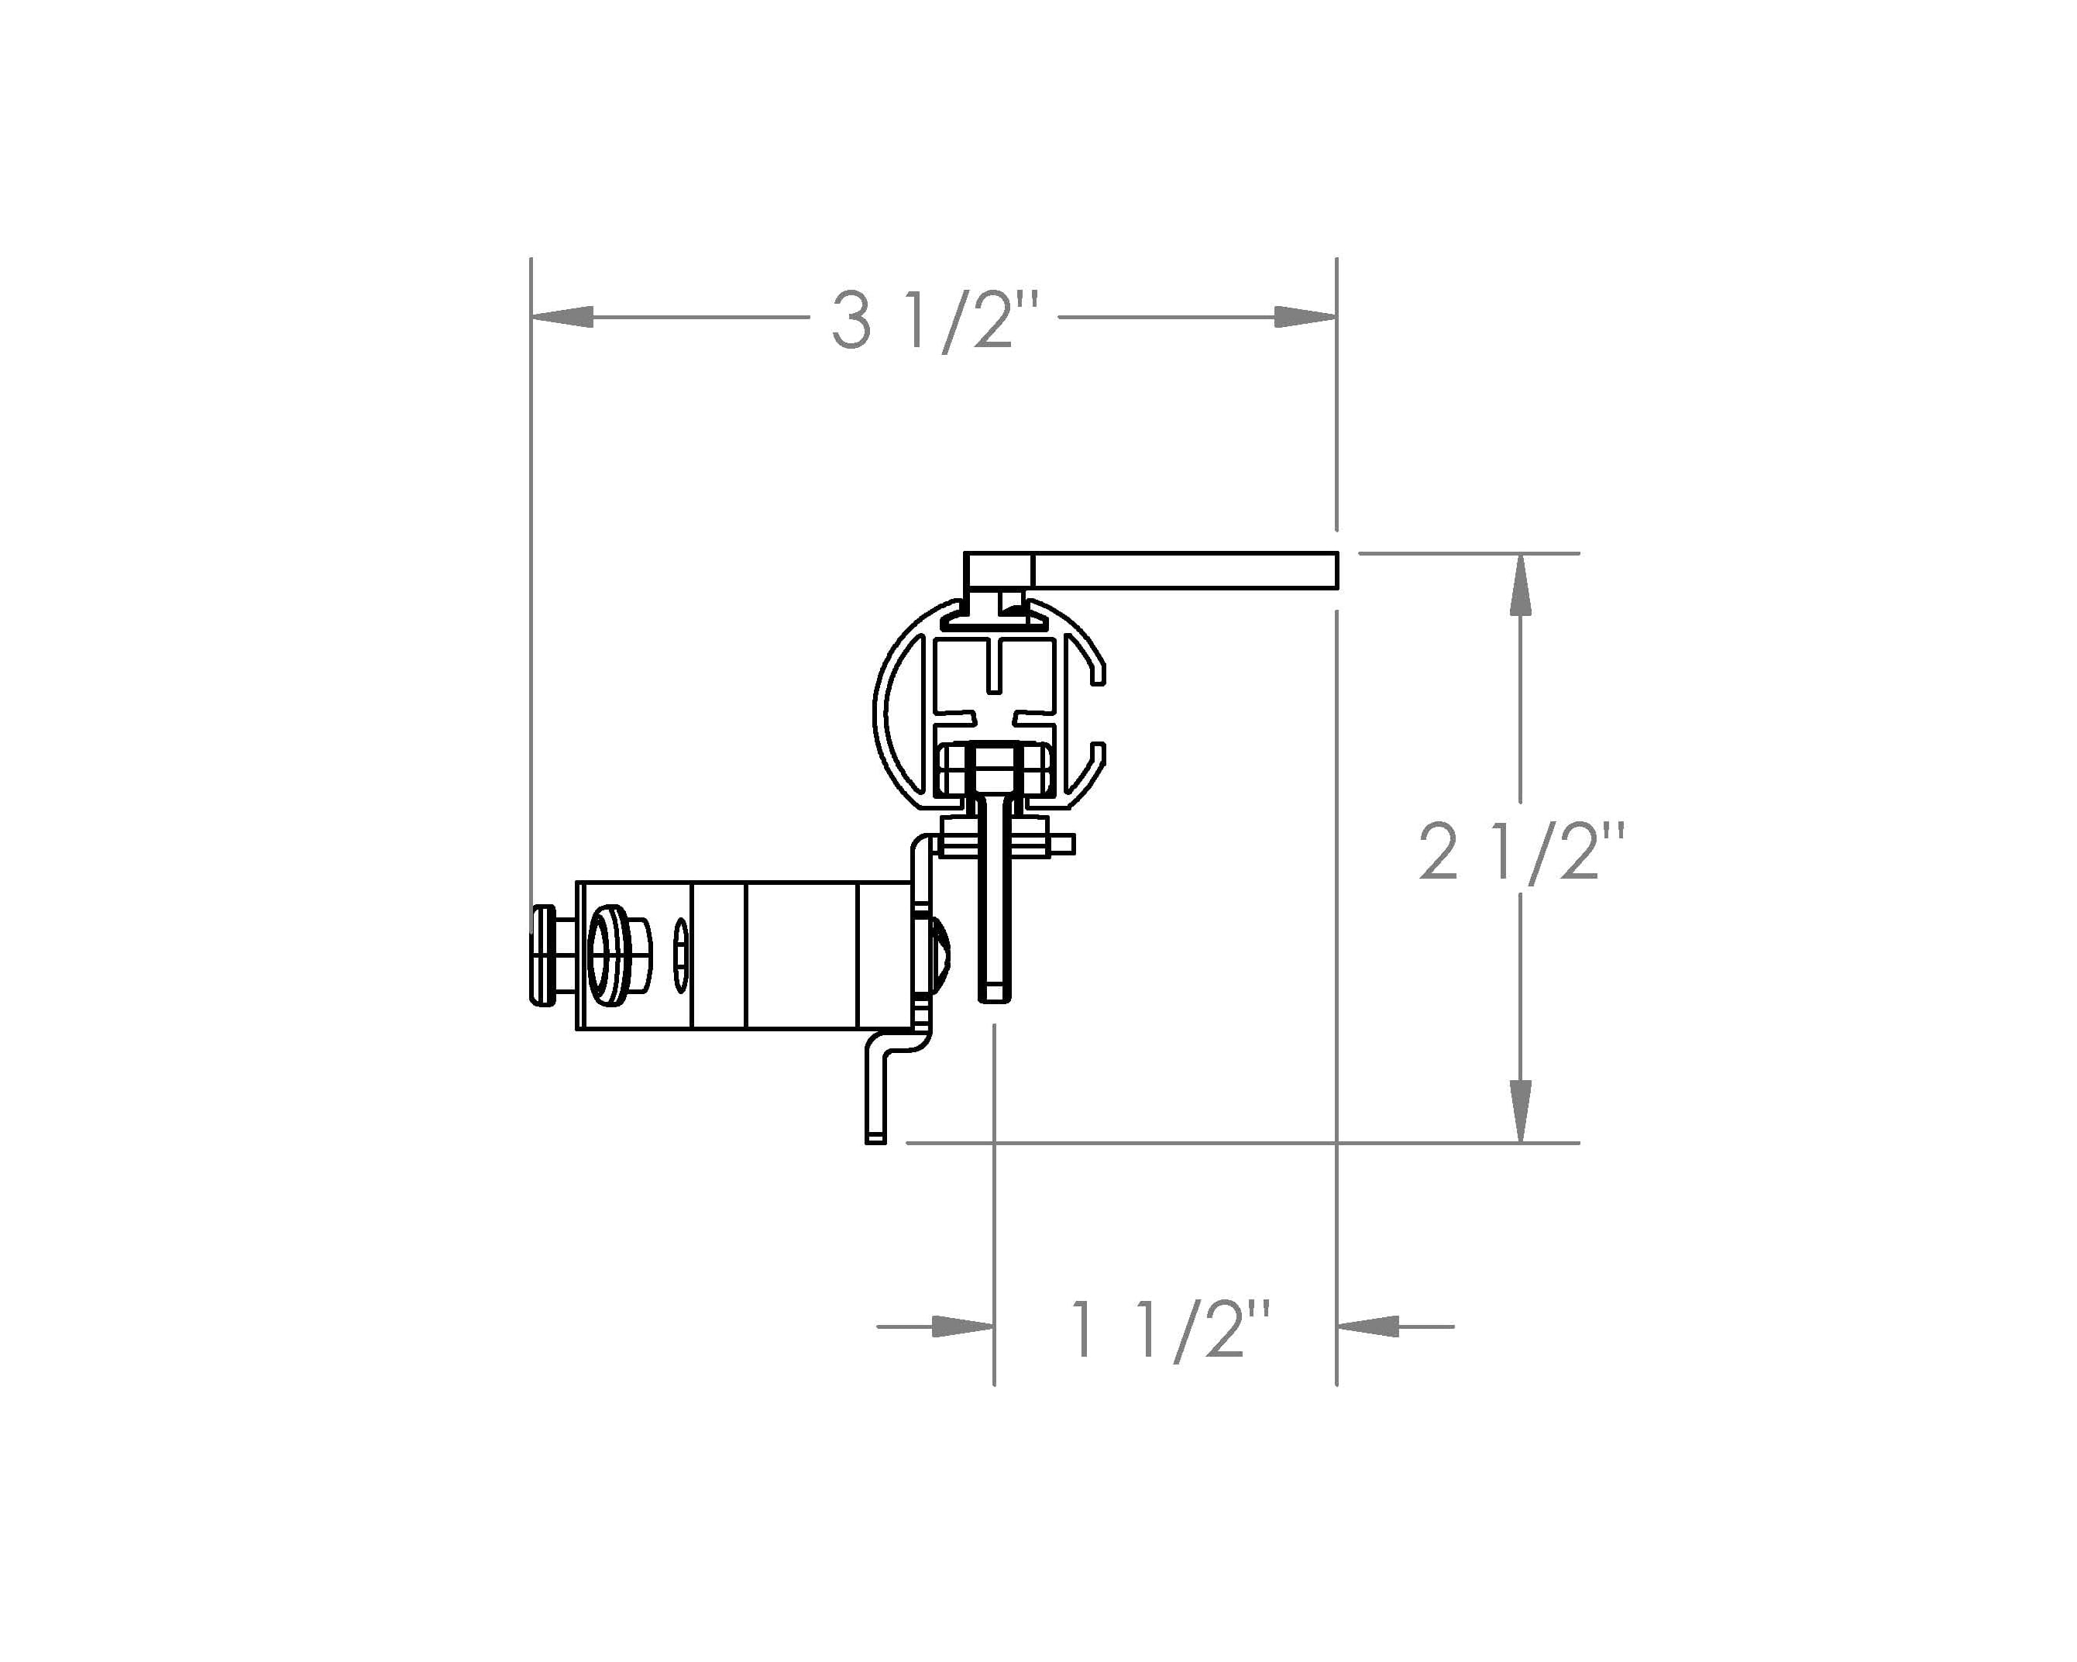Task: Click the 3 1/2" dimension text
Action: [x=935, y=321]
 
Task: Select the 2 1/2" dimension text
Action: [x=1522, y=851]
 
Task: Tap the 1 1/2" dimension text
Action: [x=1171, y=1330]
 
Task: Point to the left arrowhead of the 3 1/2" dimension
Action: [x=562, y=317]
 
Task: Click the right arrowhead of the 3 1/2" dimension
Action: [x=1305, y=317]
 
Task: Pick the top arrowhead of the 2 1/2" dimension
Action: [x=1520, y=585]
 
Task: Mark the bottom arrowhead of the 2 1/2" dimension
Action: [x=1520, y=1111]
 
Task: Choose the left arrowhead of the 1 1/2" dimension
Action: [x=964, y=1327]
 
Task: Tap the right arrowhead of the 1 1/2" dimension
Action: [x=1368, y=1327]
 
